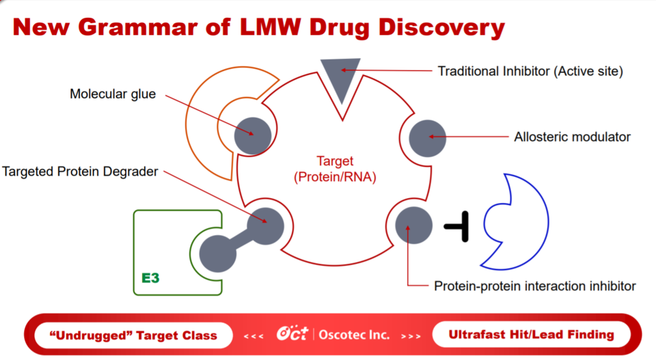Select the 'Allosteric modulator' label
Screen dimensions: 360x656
(x=572, y=137)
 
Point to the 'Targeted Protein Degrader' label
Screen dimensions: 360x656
(x=80, y=171)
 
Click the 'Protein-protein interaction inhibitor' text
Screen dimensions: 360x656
(x=534, y=285)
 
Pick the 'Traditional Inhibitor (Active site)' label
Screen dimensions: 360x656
(x=530, y=70)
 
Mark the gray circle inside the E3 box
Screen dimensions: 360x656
(x=218, y=254)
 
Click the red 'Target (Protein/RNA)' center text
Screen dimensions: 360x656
(x=334, y=169)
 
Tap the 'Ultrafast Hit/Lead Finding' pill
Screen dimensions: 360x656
(x=531, y=335)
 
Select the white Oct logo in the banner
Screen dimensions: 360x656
(x=293, y=334)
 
